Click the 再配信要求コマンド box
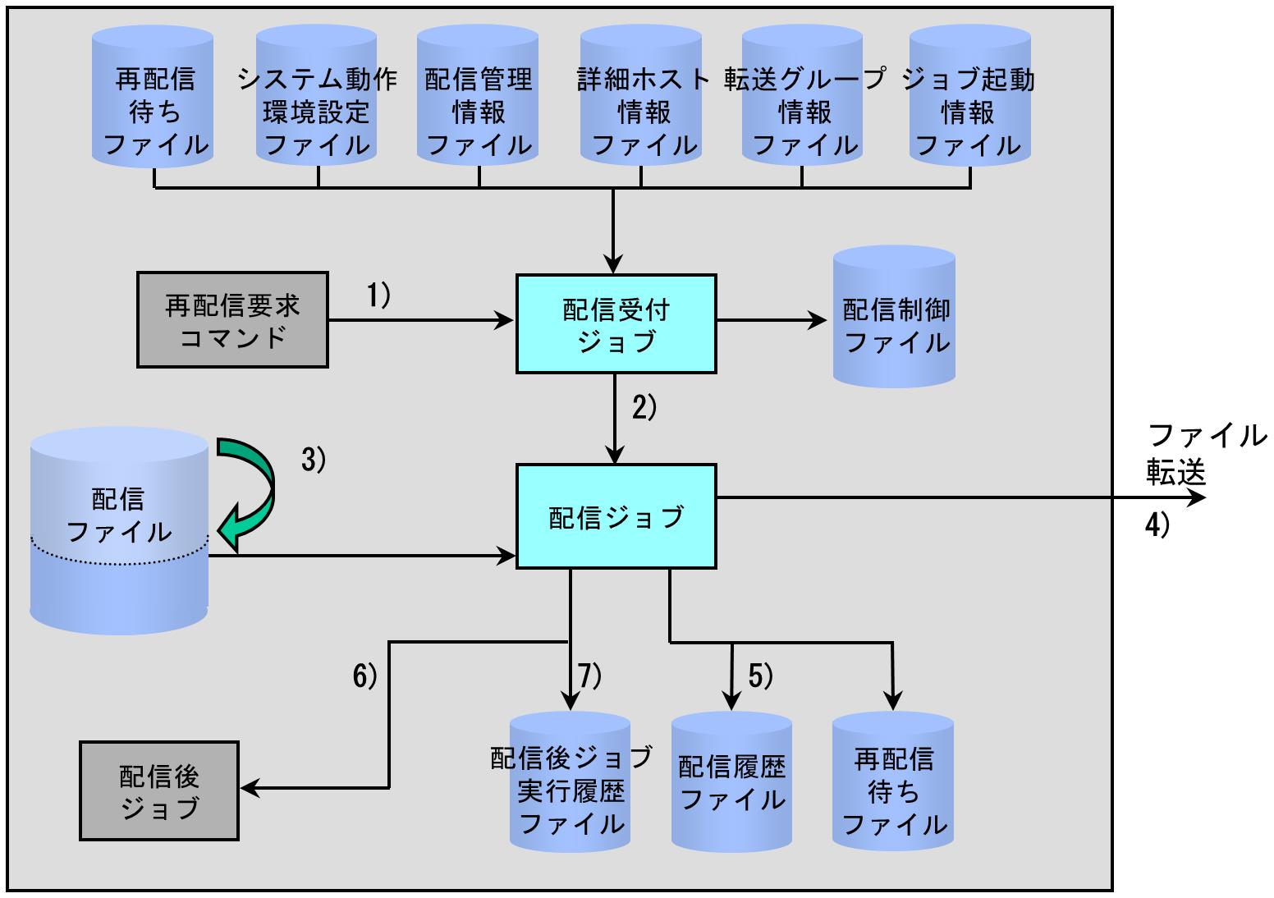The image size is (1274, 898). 232,319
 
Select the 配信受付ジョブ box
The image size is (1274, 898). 616,324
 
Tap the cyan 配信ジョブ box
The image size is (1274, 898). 616,516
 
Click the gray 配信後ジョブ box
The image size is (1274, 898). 159,791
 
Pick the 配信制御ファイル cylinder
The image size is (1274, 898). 894,317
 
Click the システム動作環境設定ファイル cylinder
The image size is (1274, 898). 316,95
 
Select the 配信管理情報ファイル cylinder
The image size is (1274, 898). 478,95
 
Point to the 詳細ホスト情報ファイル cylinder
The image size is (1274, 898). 641,95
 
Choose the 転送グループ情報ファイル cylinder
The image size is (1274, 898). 803,95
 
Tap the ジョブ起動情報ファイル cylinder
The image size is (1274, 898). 970,95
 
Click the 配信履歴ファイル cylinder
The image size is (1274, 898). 732,781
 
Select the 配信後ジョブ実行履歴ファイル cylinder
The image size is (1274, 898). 571,781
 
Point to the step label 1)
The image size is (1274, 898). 378,296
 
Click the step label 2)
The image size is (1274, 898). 644,408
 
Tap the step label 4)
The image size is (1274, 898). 1157,525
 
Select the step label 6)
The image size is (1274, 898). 364,676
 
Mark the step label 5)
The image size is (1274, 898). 760,676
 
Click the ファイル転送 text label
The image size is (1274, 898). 1207,454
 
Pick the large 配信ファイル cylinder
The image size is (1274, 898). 119,531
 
